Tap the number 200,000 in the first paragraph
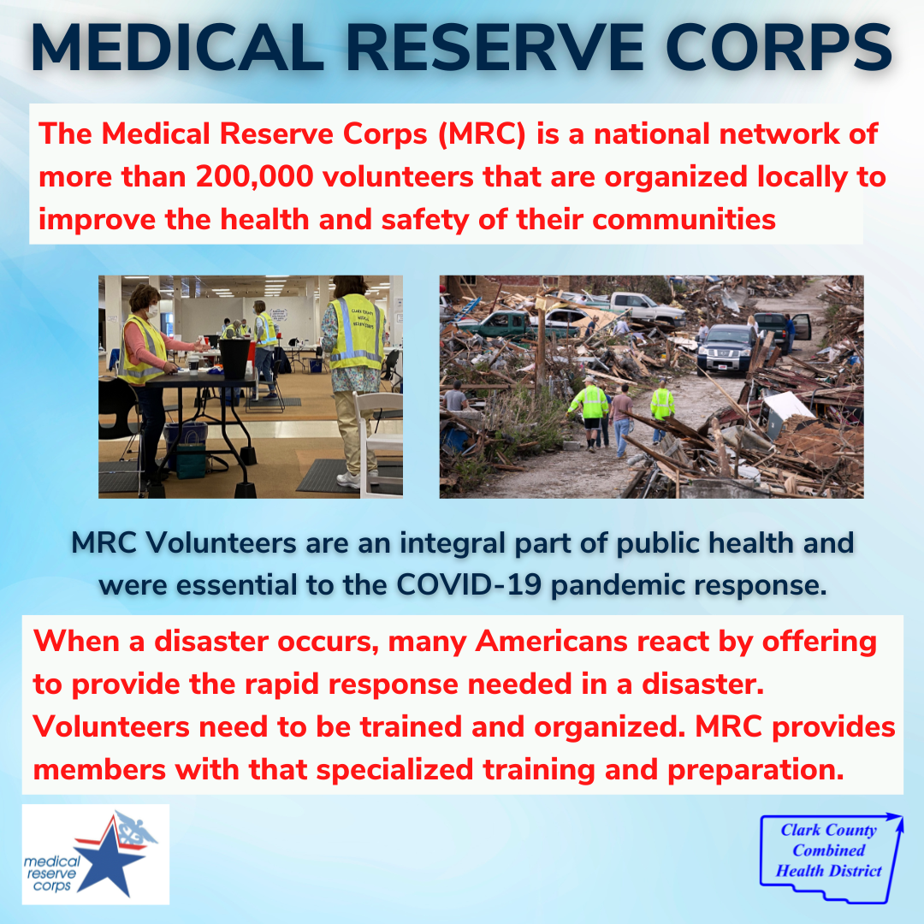pos(254,176)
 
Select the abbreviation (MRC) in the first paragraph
pos(482,133)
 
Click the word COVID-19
pos(469,585)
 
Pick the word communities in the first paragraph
pos(684,220)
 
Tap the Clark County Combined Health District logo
pos(831,857)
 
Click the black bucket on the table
pos(234,358)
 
